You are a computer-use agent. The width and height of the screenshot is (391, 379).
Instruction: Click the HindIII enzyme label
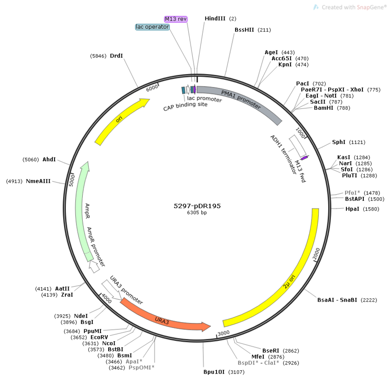tap(215, 19)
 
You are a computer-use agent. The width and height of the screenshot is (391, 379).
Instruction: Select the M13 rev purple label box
tap(176, 19)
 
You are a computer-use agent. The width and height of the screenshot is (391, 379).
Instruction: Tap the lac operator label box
tap(152, 27)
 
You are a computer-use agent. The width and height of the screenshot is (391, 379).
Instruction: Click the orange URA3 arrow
tap(165, 318)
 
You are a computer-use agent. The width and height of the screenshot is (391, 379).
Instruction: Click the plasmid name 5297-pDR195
tap(197, 206)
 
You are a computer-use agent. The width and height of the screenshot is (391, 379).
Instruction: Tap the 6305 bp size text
tap(197, 213)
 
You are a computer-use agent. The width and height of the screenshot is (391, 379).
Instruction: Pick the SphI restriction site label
tap(339, 142)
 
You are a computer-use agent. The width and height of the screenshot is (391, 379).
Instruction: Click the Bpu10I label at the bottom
tap(214, 372)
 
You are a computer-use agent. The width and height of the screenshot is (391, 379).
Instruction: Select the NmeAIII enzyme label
tap(38, 181)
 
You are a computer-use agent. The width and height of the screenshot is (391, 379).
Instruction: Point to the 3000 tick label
tap(223, 333)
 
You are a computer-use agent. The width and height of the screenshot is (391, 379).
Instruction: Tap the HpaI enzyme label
tap(352, 209)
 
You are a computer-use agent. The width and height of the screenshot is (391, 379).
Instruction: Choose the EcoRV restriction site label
tap(99, 337)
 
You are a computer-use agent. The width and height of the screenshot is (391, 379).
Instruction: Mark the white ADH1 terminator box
tap(298, 146)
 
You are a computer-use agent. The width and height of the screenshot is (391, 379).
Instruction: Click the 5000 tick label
tap(71, 180)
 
